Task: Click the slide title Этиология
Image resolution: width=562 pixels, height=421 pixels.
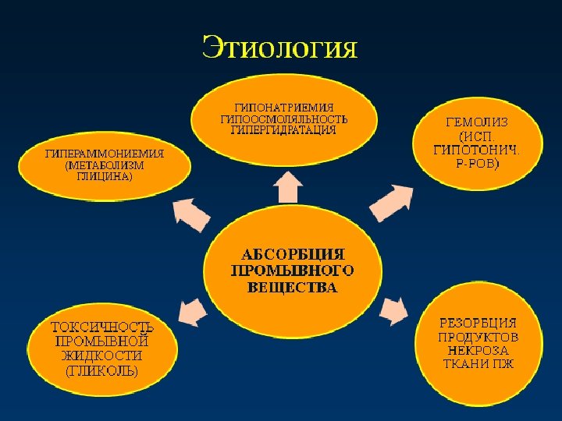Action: coord(280,48)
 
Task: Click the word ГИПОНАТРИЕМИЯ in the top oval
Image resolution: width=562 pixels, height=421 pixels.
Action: coord(283,108)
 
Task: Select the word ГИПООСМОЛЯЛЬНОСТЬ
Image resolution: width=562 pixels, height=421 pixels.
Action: coord(283,119)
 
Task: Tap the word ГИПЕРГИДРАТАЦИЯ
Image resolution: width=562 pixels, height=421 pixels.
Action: coord(283,130)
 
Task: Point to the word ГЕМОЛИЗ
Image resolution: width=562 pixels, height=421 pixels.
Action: coord(476,122)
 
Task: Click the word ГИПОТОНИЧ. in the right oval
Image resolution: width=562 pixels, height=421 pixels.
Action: coord(476,150)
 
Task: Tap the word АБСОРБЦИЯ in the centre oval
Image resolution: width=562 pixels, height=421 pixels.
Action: coord(293,254)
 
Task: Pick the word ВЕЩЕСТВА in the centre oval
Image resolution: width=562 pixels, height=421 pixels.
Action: coord(293,288)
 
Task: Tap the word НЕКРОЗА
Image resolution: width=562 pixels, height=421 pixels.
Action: coord(478,351)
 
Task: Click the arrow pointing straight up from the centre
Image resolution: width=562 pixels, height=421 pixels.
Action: coord(290,187)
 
